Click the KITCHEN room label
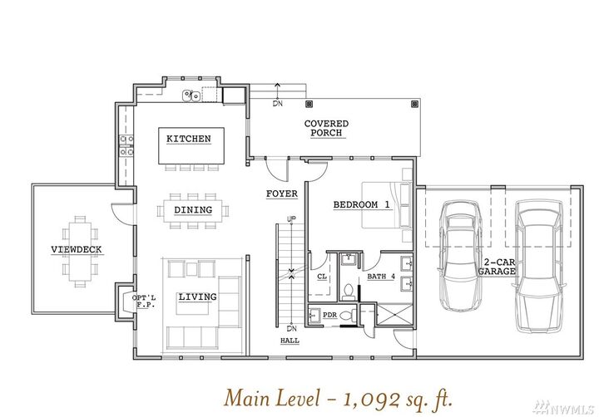click(188, 139)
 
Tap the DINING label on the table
click(193, 210)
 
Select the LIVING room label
click(197, 297)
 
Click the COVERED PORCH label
click(326, 128)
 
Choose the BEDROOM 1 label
click(362, 204)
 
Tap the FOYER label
click(282, 194)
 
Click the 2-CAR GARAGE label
click(498, 267)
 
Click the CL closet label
click(322, 277)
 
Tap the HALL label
click(290, 341)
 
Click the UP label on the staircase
click(291, 219)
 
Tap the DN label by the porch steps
click(278, 104)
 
